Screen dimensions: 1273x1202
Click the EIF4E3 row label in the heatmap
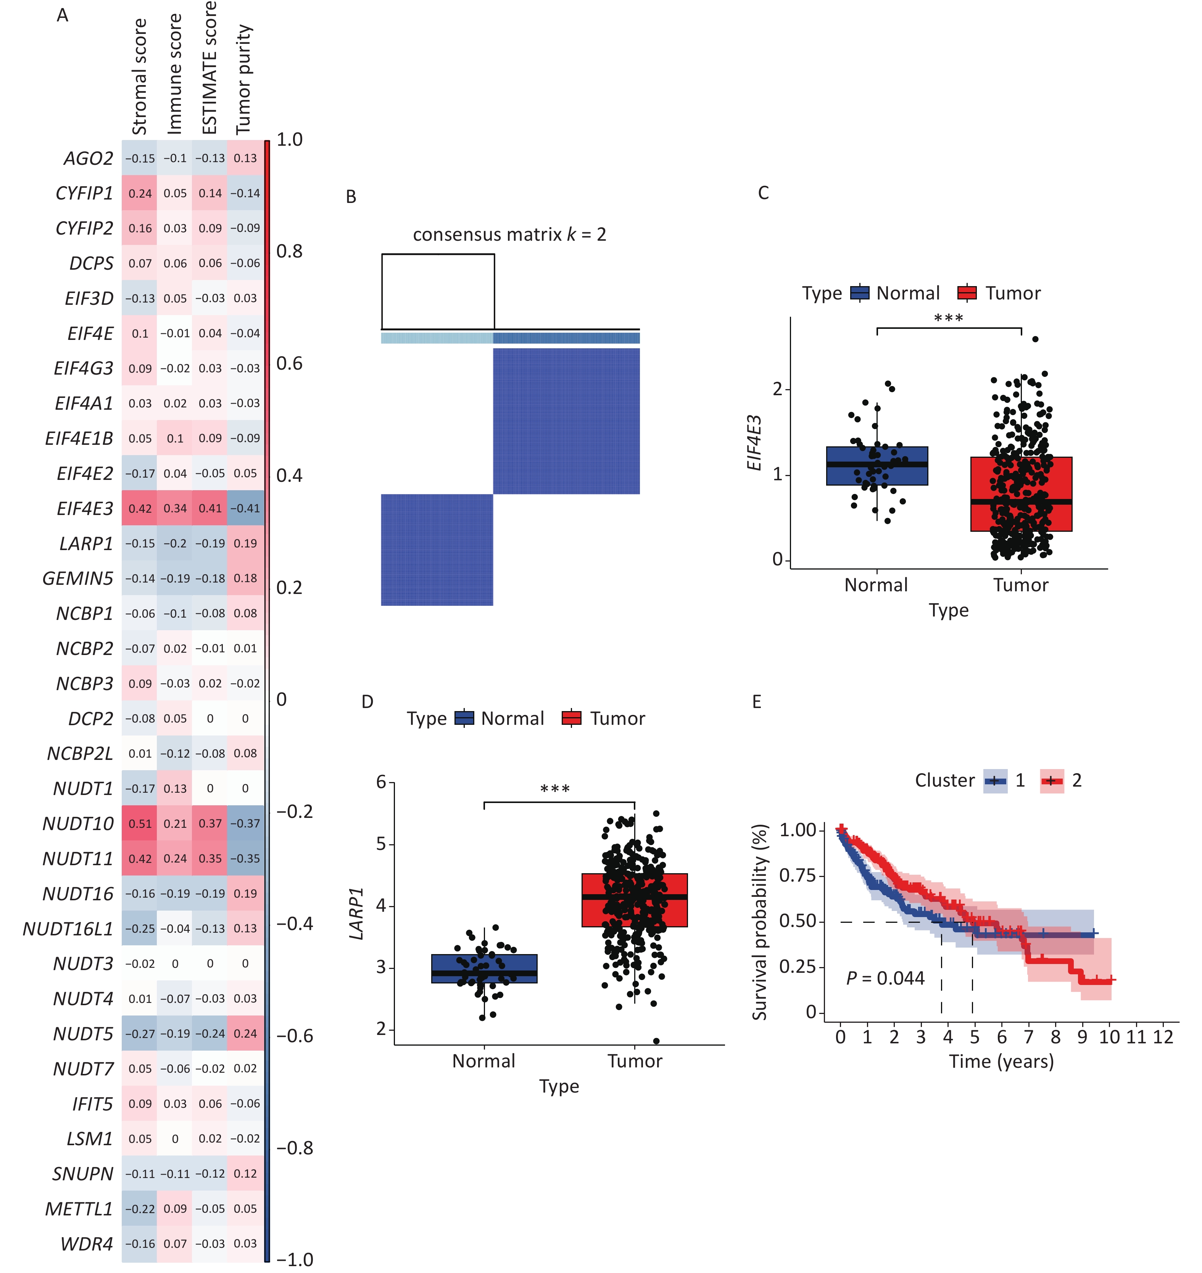click(85, 509)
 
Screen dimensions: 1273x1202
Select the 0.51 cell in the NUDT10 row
click(140, 824)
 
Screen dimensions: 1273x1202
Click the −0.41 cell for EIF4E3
click(245, 509)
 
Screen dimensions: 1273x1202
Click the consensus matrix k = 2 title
click(509, 235)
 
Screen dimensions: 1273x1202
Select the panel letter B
click(351, 197)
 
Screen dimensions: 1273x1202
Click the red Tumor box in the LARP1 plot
click(634, 900)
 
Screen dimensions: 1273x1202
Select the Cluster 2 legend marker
click(1051, 781)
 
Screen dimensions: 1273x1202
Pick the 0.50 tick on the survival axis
click(798, 921)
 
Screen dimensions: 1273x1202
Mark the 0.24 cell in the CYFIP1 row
click(140, 193)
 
